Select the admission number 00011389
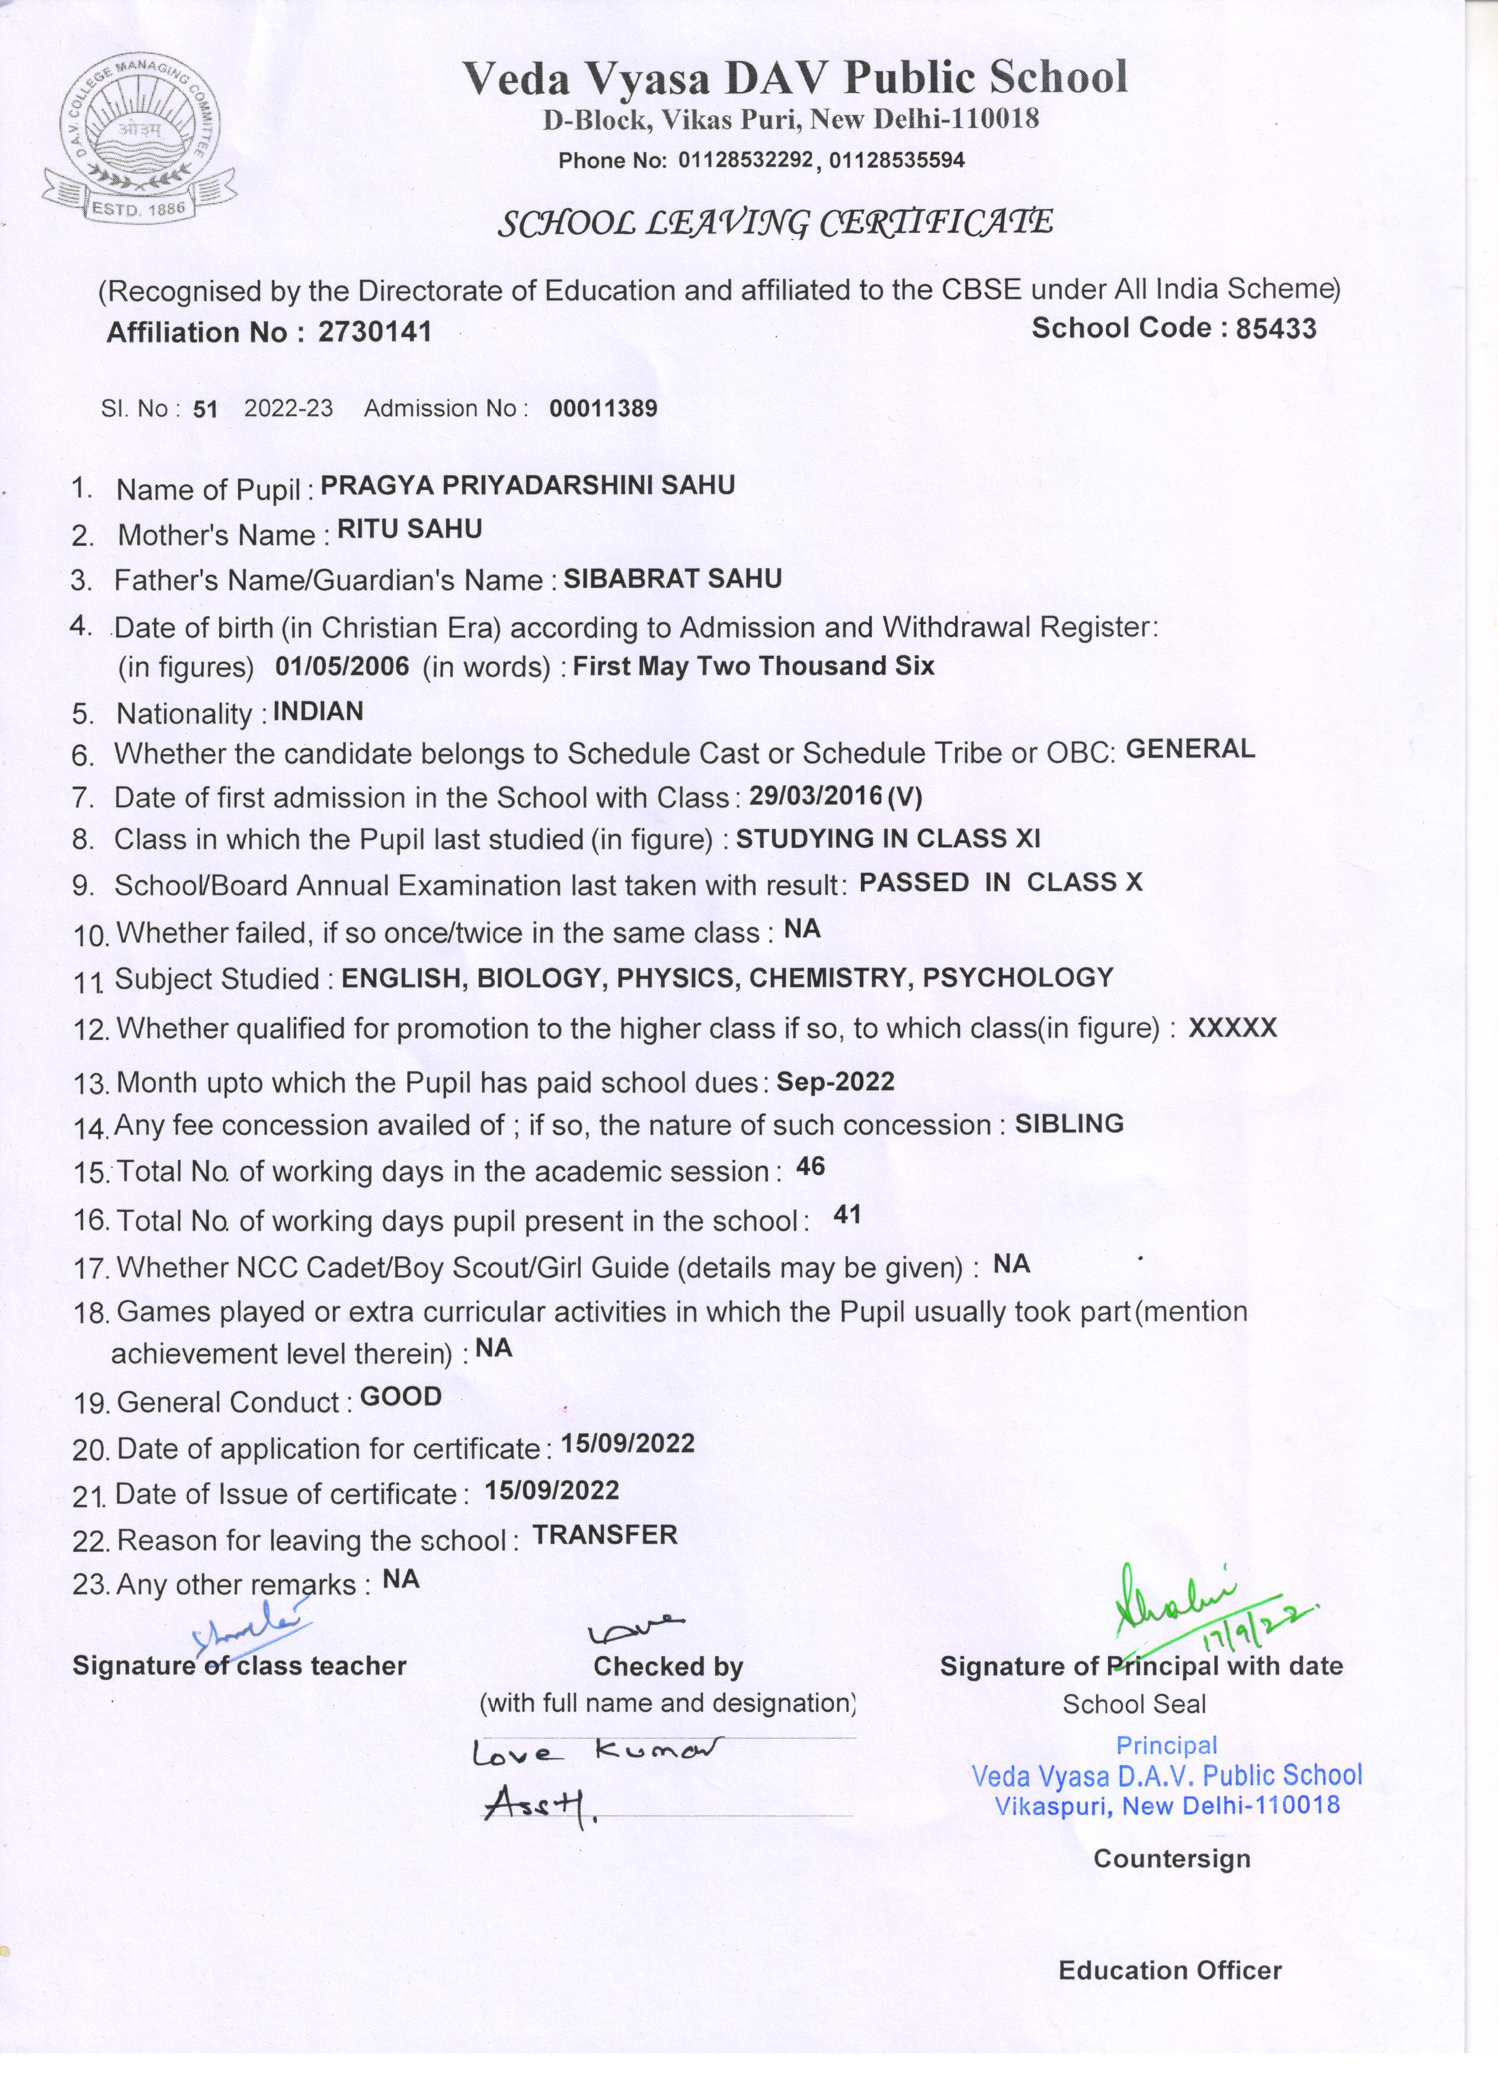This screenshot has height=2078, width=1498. pyautogui.click(x=603, y=409)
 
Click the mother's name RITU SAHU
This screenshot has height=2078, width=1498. pyautogui.click(x=409, y=530)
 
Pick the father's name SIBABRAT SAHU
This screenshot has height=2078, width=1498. pyautogui.click(x=673, y=578)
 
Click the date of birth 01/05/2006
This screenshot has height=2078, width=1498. pyautogui.click(x=342, y=666)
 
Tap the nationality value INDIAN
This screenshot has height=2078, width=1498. pyautogui.click(x=318, y=711)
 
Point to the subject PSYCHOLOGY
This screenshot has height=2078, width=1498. pyautogui.click(x=1018, y=978)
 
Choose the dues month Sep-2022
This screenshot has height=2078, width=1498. pyautogui.click(x=836, y=1082)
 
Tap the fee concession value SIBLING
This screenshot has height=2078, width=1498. pyautogui.click(x=1069, y=1124)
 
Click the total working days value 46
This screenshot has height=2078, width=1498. pyautogui.click(x=811, y=1166)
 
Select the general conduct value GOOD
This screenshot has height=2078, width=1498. pyautogui.click(x=401, y=1397)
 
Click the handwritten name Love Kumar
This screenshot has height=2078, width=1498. pyautogui.click(x=596, y=1752)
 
